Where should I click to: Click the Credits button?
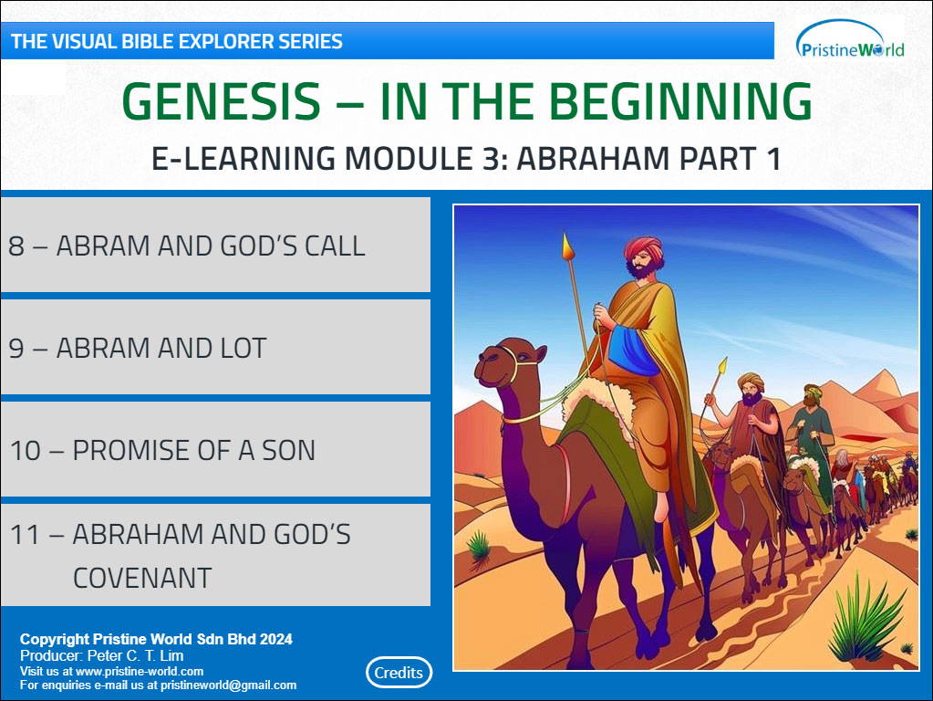tap(399, 673)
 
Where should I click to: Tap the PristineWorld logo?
tap(850, 40)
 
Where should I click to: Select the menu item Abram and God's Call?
tap(215, 245)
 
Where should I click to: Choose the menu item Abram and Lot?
tap(215, 347)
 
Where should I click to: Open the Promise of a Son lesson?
tap(215, 449)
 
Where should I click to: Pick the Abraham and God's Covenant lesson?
tap(215, 555)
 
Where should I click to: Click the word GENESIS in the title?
tap(222, 101)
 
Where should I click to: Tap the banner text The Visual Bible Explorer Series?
tap(177, 41)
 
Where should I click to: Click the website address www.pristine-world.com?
tap(140, 671)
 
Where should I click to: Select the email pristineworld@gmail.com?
tap(229, 685)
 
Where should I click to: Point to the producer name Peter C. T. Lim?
tap(135, 655)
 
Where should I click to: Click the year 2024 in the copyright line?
tap(276, 639)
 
